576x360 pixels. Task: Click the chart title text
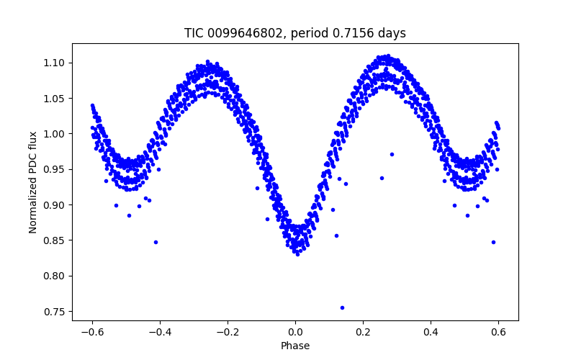[295, 33]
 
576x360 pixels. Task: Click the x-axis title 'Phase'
[295, 346]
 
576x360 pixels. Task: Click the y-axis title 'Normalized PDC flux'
[33, 181]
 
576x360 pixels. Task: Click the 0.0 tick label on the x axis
[295, 332]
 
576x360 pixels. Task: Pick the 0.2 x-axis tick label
[363, 332]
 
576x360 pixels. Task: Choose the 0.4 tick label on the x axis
[431, 332]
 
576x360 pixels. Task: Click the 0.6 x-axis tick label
[498, 332]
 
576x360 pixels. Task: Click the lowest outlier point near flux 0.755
[342, 307]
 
